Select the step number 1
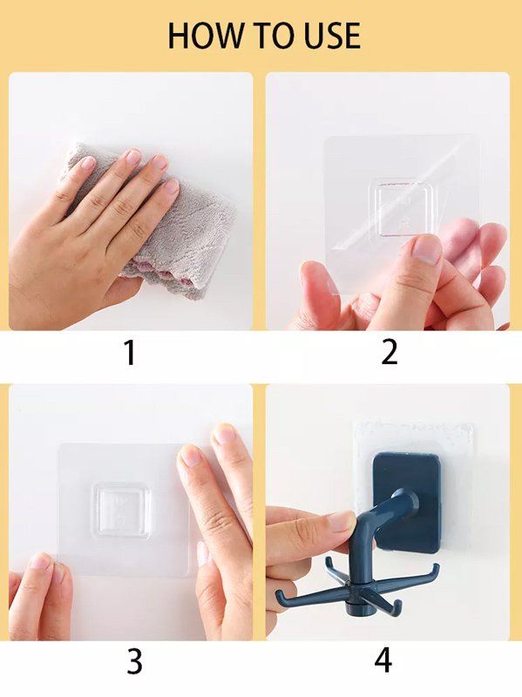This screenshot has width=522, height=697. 130,353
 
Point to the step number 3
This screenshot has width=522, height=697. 134,661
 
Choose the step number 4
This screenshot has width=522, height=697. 383,660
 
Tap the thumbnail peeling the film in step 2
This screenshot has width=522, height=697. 427,248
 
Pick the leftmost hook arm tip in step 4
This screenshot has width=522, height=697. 279,593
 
